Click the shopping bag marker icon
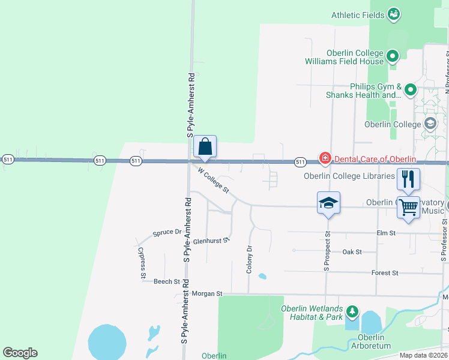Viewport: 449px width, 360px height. pos(205,146)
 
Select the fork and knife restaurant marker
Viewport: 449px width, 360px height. pos(408,178)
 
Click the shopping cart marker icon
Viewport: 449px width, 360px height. pos(408,207)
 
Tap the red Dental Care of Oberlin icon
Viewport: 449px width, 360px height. pos(325,158)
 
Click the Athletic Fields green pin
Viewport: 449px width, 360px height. pos(394,13)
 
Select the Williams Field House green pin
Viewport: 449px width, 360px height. pos(393,57)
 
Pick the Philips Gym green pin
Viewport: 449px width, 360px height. pos(411,91)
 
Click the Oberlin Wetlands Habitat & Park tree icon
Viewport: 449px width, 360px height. pos(352,312)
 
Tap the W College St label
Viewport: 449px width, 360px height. pos(214,180)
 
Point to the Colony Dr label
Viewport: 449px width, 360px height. pos(249,259)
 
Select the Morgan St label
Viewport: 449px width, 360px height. pos(207,294)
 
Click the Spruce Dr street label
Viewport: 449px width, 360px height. pos(167,232)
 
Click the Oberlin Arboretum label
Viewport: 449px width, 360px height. pos(370,342)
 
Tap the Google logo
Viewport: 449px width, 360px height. pos(20,353)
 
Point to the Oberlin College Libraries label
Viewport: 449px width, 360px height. pos(349,176)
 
